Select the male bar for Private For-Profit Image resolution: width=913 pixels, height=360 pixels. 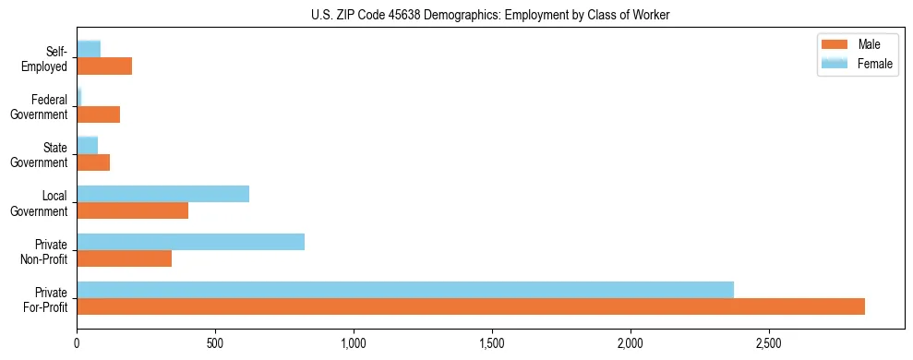[x=471, y=306]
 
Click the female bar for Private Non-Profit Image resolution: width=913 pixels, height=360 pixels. [x=190, y=242]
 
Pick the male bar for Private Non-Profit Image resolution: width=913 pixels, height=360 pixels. [x=124, y=258]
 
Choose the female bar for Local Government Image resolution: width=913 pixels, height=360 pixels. [x=162, y=194]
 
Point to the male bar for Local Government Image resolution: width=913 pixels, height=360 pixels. [x=132, y=210]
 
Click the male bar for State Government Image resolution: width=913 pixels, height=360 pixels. [x=93, y=162]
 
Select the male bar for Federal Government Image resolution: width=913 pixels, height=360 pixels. [x=98, y=114]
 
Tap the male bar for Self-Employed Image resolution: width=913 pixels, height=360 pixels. [x=104, y=66]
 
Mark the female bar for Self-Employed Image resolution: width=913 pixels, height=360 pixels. [x=89, y=49]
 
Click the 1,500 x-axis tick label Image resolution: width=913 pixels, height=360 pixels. [x=492, y=343]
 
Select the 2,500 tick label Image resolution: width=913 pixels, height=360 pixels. [x=769, y=343]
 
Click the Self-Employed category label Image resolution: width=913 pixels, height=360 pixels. [x=49, y=58]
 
